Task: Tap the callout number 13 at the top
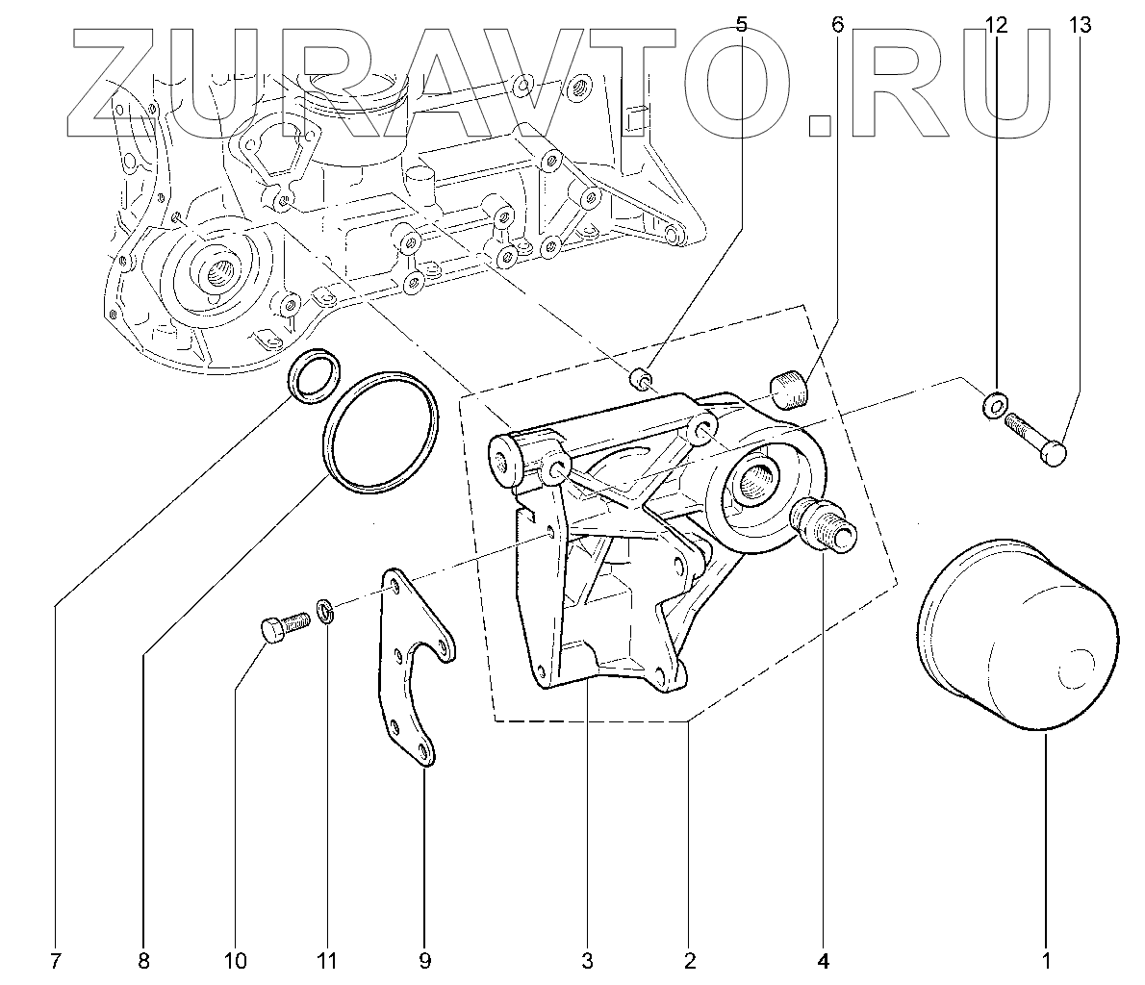[1080, 25]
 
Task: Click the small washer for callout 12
[995, 405]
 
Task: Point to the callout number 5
[740, 25]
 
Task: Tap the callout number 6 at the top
[836, 25]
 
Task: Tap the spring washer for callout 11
[326, 610]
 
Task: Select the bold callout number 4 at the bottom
[824, 959]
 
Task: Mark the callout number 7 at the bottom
[55, 959]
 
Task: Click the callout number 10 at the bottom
[235, 959]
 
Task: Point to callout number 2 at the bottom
[689, 959]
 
